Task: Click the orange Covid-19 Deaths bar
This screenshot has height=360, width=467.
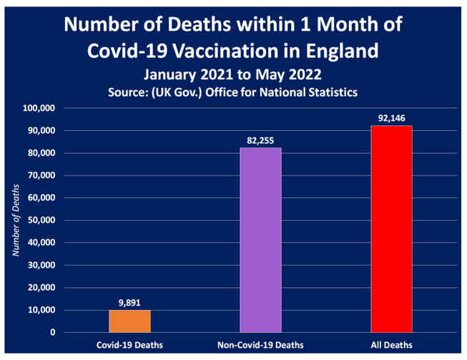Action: pyautogui.click(x=129, y=321)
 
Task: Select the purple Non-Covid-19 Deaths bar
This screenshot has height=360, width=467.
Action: pyautogui.click(x=260, y=240)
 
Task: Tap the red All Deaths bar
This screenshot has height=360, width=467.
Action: pyautogui.click(x=391, y=229)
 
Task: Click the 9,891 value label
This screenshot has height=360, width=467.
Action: pyautogui.click(x=129, y=303)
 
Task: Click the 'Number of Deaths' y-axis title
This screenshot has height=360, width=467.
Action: pyautogui.click(x=15, y=220)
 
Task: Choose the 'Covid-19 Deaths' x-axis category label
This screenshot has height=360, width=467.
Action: pyautogui.click(x=129, y=345)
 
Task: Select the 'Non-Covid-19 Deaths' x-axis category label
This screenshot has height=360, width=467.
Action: pyautogui.click(x=260, y=345)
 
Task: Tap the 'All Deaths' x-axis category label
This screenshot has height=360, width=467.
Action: pyautogui.click(x=391, y=345)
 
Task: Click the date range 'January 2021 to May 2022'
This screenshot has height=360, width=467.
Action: pyautogui.click(x=233, y=74)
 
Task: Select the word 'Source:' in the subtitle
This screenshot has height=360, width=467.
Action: pyautogui.click(x=129, y=92)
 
